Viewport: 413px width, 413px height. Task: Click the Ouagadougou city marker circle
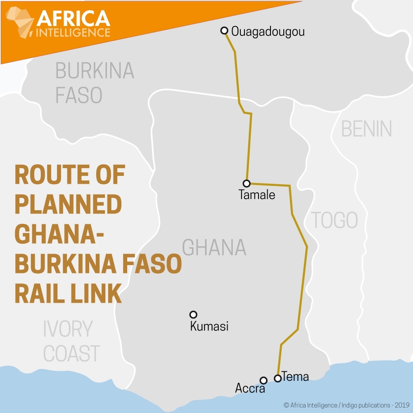[x=224, y=31]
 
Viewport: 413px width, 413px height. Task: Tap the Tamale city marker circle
[x=247, y=183]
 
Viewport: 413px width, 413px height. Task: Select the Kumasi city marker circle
[x=193, y=314]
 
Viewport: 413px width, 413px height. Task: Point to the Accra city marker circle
[x=263, y=380]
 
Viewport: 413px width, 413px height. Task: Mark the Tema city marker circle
[x=278, y=378]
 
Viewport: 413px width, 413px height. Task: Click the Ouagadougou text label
[x=268, y=31]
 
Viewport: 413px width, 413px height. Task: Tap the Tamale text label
[x=257, y=195]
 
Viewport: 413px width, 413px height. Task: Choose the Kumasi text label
[x=209, y=326]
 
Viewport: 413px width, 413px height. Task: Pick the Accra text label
[x=250, y=388]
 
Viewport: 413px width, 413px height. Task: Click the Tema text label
[x=295, y=376]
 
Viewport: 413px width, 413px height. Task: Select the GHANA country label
[x=214, y=247]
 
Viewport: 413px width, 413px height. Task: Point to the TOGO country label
[x=334, y=220]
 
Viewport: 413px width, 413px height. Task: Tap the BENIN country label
[x=366, y=129]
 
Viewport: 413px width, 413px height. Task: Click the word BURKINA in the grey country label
[x=95, y=71]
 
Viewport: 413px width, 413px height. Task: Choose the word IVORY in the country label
[x=68, y=329]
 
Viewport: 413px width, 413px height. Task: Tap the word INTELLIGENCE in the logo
[x=74, y=32]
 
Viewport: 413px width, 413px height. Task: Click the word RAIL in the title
[x=38, y=294]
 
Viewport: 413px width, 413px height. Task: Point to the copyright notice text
[x=346, y=405]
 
